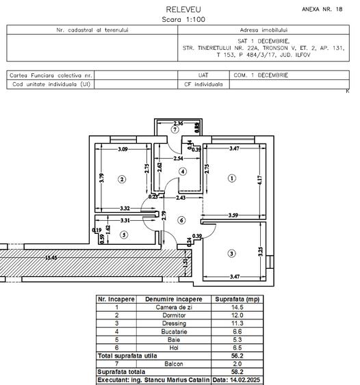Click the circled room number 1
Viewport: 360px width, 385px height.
(231, 178)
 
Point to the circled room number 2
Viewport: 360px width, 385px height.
(123, 179)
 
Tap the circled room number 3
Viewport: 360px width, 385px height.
(231, 254)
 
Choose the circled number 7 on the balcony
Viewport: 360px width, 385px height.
(175, 129)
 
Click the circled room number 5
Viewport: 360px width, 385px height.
(124, 235)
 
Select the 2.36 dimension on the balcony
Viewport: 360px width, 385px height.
(178, 123)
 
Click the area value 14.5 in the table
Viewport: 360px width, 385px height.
(236, 307)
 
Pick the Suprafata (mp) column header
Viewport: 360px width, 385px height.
(236, 300)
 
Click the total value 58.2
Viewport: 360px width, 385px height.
(236, 371)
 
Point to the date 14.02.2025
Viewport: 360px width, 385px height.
(236, 379)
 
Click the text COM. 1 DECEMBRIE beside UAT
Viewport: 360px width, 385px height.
(261, 75)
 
